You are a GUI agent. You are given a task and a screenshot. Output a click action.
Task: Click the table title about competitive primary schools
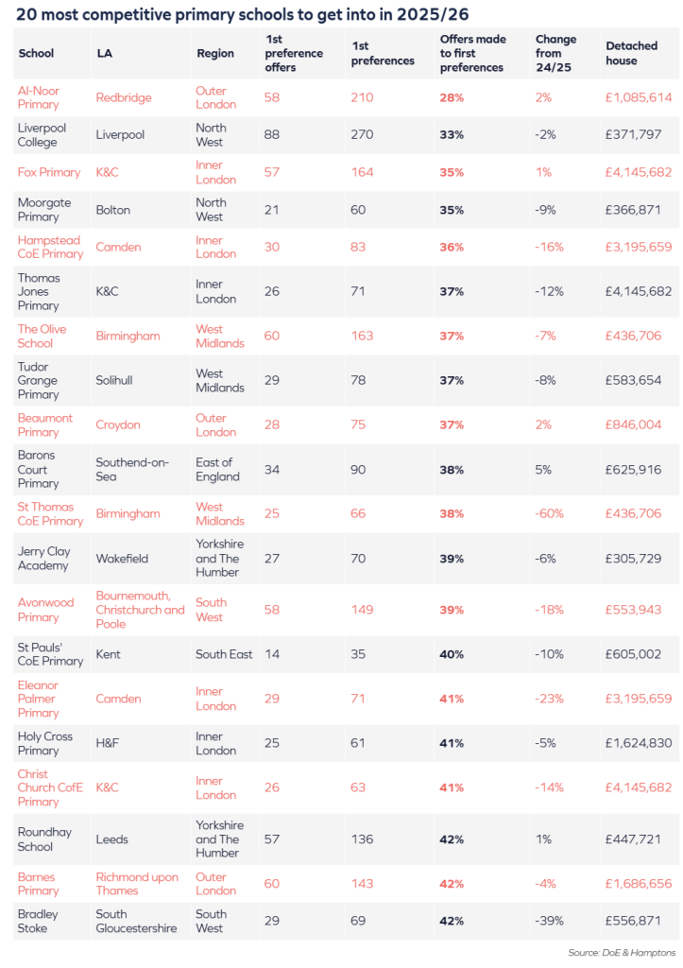(x=242, y=14)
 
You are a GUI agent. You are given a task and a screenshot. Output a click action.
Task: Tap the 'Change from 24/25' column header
(x=555, y=54)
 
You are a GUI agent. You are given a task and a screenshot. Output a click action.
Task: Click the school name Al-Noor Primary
(x=39, y=97)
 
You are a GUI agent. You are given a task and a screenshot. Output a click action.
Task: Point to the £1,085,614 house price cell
(x=639, y=97)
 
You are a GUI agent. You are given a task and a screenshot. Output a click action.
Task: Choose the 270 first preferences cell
(x=362, y=135)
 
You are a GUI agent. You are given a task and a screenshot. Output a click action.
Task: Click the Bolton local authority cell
(x=113, y=210)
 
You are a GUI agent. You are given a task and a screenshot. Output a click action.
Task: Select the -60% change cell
(x=550, y=514)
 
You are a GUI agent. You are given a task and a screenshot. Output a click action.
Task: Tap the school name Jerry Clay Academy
(x=43, y=559)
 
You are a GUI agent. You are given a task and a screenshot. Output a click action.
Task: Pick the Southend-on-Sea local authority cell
(x=134, y=470)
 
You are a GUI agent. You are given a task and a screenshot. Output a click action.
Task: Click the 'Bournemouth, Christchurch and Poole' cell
(x=140, y=610)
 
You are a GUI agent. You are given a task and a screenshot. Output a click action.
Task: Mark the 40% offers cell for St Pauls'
(x=452, y=654)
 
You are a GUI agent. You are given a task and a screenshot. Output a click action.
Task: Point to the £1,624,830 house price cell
(x=639, y=743)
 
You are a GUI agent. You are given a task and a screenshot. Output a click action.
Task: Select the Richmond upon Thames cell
(x=137, y=884)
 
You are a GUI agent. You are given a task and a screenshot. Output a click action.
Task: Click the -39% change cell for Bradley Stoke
(x=550, y=921)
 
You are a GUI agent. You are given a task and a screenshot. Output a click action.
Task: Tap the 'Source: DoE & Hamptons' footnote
(x=622, y=952)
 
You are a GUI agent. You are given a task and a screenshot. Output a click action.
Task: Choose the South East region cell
(x=224, y=654)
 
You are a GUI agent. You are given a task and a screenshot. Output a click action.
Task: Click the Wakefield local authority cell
(x=122, y=559)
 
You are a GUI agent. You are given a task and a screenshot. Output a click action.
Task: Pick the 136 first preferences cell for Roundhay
(x=362, y=839)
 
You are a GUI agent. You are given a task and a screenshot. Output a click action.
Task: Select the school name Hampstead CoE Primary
(x=50, y=247)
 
